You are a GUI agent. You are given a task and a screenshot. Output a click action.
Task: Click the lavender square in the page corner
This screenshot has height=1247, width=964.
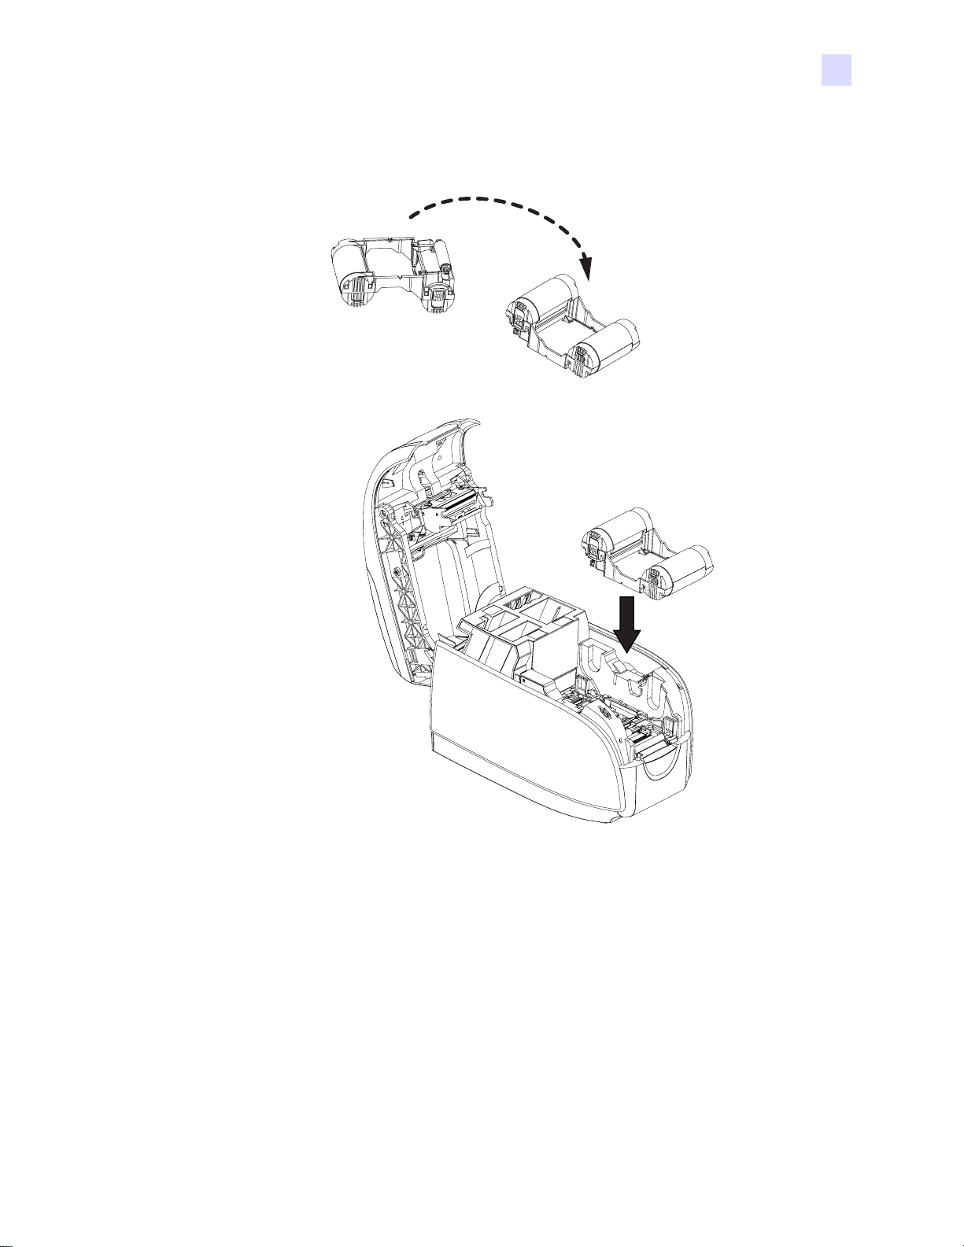[837, 69]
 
